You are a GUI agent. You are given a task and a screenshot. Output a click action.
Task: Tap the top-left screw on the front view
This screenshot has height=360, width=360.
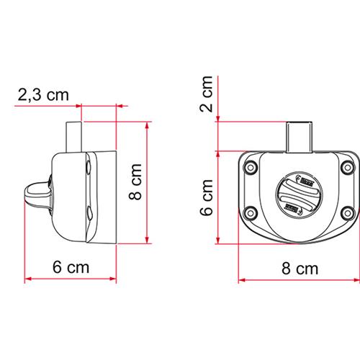coord(251,168)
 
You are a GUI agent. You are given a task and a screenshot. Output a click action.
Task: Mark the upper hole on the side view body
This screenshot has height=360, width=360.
coord(87,168)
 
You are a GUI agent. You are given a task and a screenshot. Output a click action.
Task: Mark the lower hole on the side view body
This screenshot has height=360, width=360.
coord(87,213)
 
